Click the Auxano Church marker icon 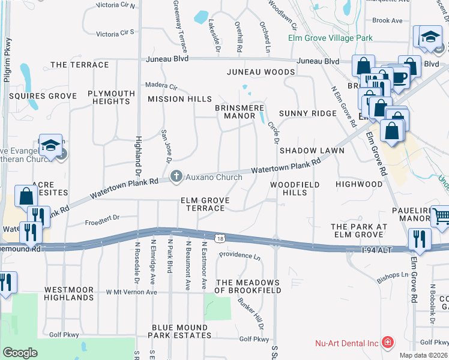(176, 176)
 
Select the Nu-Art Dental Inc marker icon (388, 343)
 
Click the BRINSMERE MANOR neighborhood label (240, 112)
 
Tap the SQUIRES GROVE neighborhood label (43, 96)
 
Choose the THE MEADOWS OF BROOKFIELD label (248, 286)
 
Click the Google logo (20, 353)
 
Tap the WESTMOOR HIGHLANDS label (68, 293)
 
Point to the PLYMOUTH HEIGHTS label (111, 97)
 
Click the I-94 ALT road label (377, 248)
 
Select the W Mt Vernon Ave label (131, 292)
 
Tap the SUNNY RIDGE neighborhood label (307, 113)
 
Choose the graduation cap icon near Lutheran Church (52, 146)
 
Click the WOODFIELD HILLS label (295, 188)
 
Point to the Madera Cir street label (161, 86)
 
